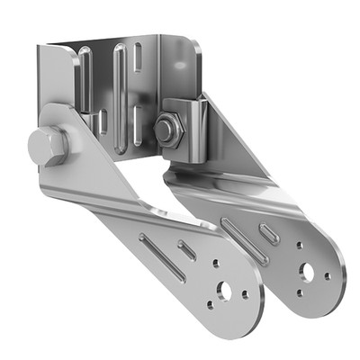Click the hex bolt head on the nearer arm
[46, 147]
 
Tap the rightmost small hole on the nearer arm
[246, 294]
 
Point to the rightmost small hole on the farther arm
[328, 275]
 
